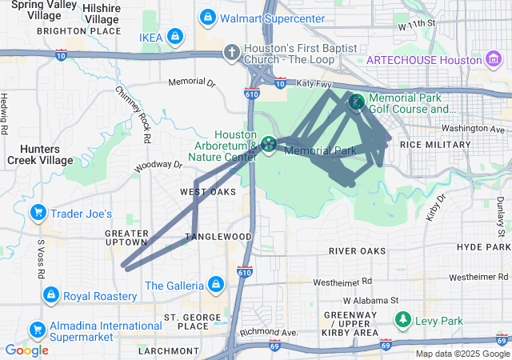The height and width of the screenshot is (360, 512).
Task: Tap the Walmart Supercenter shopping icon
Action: coord(208,17)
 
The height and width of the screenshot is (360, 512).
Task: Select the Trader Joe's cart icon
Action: coord(38,213)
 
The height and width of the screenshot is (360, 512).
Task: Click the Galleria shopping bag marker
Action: coord(214,285)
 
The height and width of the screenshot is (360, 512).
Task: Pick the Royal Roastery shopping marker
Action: coord(50,295)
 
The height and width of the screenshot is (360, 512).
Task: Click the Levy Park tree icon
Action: coord(403,321)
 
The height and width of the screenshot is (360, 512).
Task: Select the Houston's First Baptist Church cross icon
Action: coord(232,52)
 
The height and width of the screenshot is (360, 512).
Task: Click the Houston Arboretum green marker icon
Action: coord(268,145)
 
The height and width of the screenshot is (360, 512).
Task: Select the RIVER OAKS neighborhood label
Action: coord(357,250)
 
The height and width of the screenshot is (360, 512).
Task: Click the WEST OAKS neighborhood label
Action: coord(208,192)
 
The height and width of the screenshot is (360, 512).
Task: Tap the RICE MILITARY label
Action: coord(435,144)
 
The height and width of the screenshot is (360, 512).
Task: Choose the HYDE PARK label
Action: coord(483,247)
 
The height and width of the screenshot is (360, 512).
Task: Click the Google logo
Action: coord(26,350)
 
